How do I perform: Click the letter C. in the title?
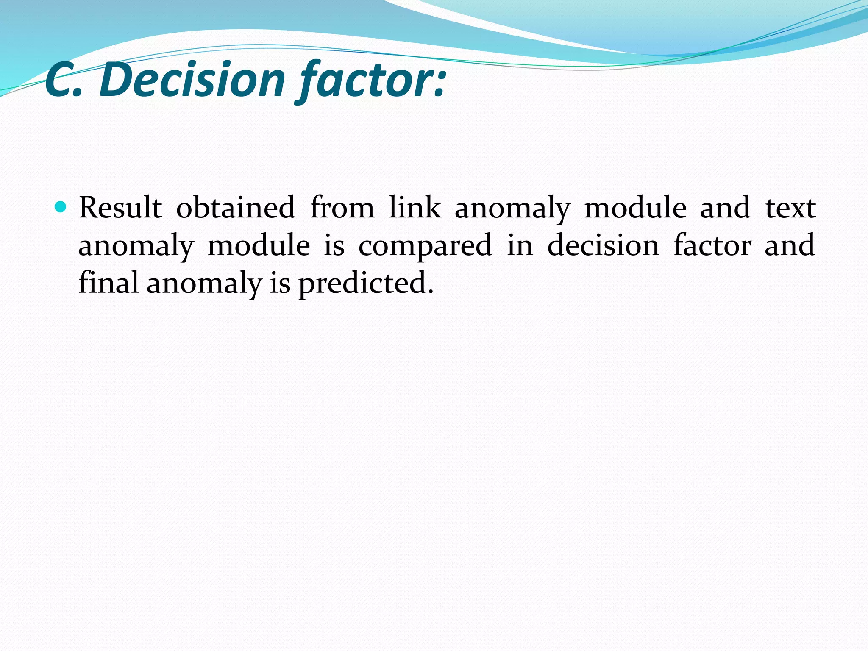64,80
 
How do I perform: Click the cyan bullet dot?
61,207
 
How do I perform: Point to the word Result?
120,208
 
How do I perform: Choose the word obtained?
236,208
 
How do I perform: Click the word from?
342,208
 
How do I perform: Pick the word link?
415,208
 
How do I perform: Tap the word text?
790,208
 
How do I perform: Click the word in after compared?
520,245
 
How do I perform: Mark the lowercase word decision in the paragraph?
604,245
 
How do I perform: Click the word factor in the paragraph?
712,245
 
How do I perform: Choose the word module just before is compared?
259,245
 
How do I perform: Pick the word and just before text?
725,208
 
